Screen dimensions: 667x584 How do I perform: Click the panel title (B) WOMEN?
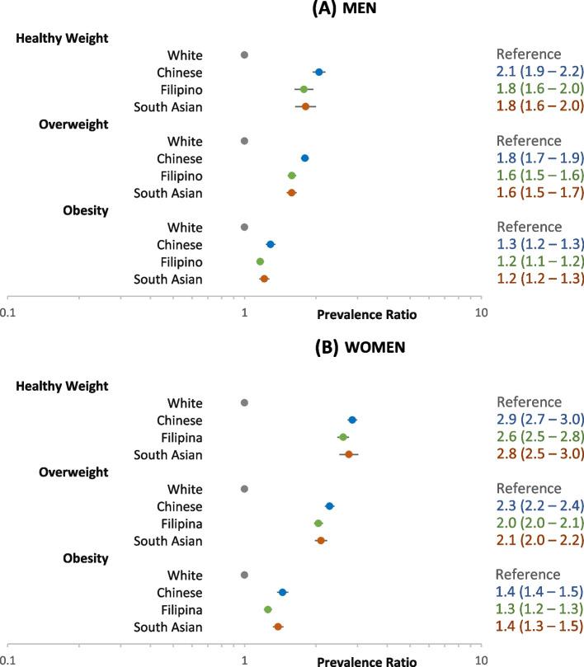(x=360, y=348)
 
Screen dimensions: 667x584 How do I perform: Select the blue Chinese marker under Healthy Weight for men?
(x=319, y=73)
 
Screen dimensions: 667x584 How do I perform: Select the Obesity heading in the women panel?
(x=86, y=558)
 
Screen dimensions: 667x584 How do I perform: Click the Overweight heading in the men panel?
(x=75, y=124)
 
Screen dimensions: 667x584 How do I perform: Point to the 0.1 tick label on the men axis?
(x=8, y=313)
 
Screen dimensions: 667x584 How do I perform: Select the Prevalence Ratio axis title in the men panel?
(x=367, y=314)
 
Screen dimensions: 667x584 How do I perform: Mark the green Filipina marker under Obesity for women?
(x=268, y=609)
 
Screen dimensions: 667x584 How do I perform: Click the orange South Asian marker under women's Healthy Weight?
(x=349, y=454)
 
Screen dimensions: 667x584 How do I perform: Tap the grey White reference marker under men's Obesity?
(x=244, y=227)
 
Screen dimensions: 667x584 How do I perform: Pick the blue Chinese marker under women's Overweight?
(x=329, y=506)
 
